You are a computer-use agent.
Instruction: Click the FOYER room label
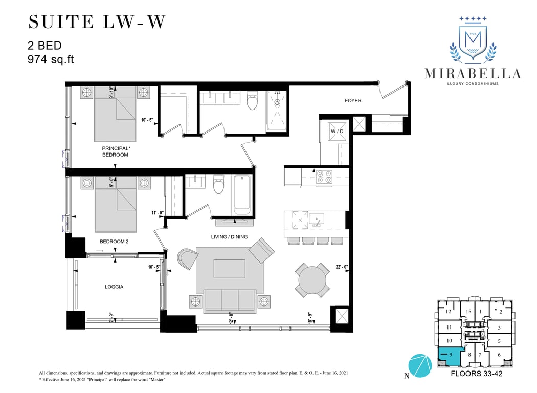point(353,100)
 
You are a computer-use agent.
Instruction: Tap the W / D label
point(337,131)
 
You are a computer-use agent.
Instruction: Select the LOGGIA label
point(114,287)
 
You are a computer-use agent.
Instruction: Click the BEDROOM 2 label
point(114,241)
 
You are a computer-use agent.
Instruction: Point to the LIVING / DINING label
point(229,237)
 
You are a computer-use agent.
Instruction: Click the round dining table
point(312,280)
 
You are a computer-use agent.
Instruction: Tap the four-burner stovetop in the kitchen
point(324,177)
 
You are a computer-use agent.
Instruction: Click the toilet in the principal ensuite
point(253,100)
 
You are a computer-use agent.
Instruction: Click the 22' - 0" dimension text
point(342,267)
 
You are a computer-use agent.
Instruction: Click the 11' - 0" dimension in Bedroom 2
point(158,213)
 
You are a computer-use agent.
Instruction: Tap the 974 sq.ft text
point(51,60)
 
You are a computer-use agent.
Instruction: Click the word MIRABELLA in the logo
point(473,73)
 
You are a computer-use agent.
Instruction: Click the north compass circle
point(420,365)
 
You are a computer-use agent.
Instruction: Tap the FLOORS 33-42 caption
point(476,374)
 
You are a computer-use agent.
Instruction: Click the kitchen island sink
point(317,219)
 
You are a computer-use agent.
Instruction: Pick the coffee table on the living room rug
point(230,269)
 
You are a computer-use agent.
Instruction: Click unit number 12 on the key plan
point(449,312)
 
